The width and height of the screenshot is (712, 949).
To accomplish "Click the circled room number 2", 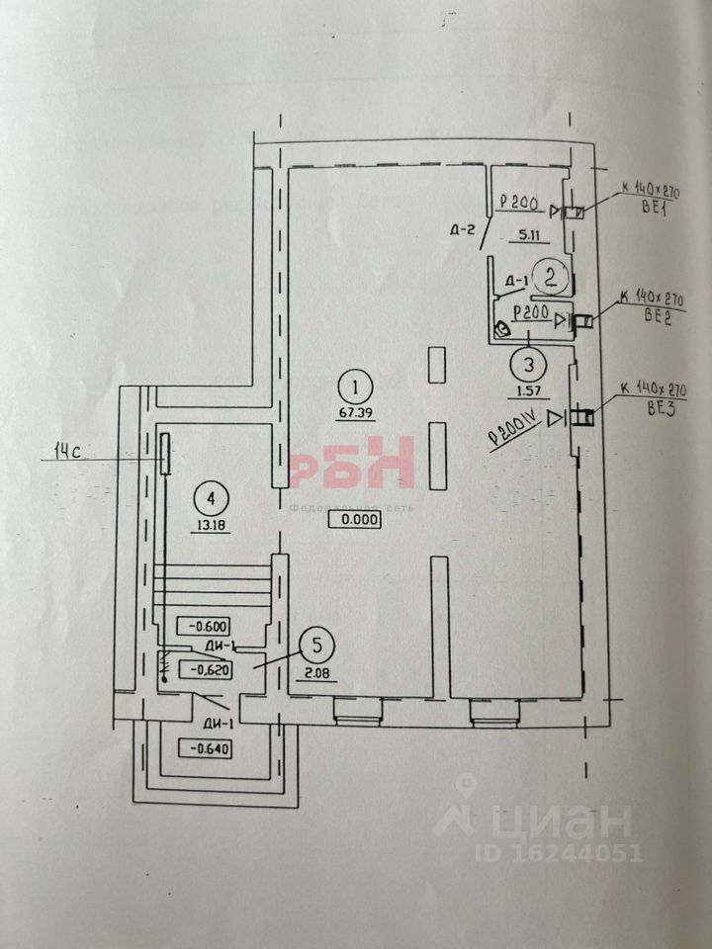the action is (x=552, y=278).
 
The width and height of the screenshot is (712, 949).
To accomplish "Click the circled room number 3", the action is (x=529, y=365).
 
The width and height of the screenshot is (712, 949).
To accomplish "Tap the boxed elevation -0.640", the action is (x=204, y=748).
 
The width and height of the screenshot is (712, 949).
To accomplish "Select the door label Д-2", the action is (x=463, y=231).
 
